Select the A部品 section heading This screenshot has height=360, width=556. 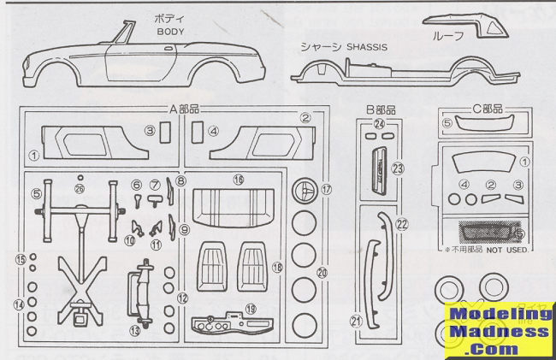coord(186,109)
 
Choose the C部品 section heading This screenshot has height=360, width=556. coord(487,109)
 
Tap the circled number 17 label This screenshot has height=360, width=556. coord(325,187)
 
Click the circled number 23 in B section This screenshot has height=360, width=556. coord(397,168)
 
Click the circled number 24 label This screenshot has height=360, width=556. coord(380,124)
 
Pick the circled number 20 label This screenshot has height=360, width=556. coord(322,273)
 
